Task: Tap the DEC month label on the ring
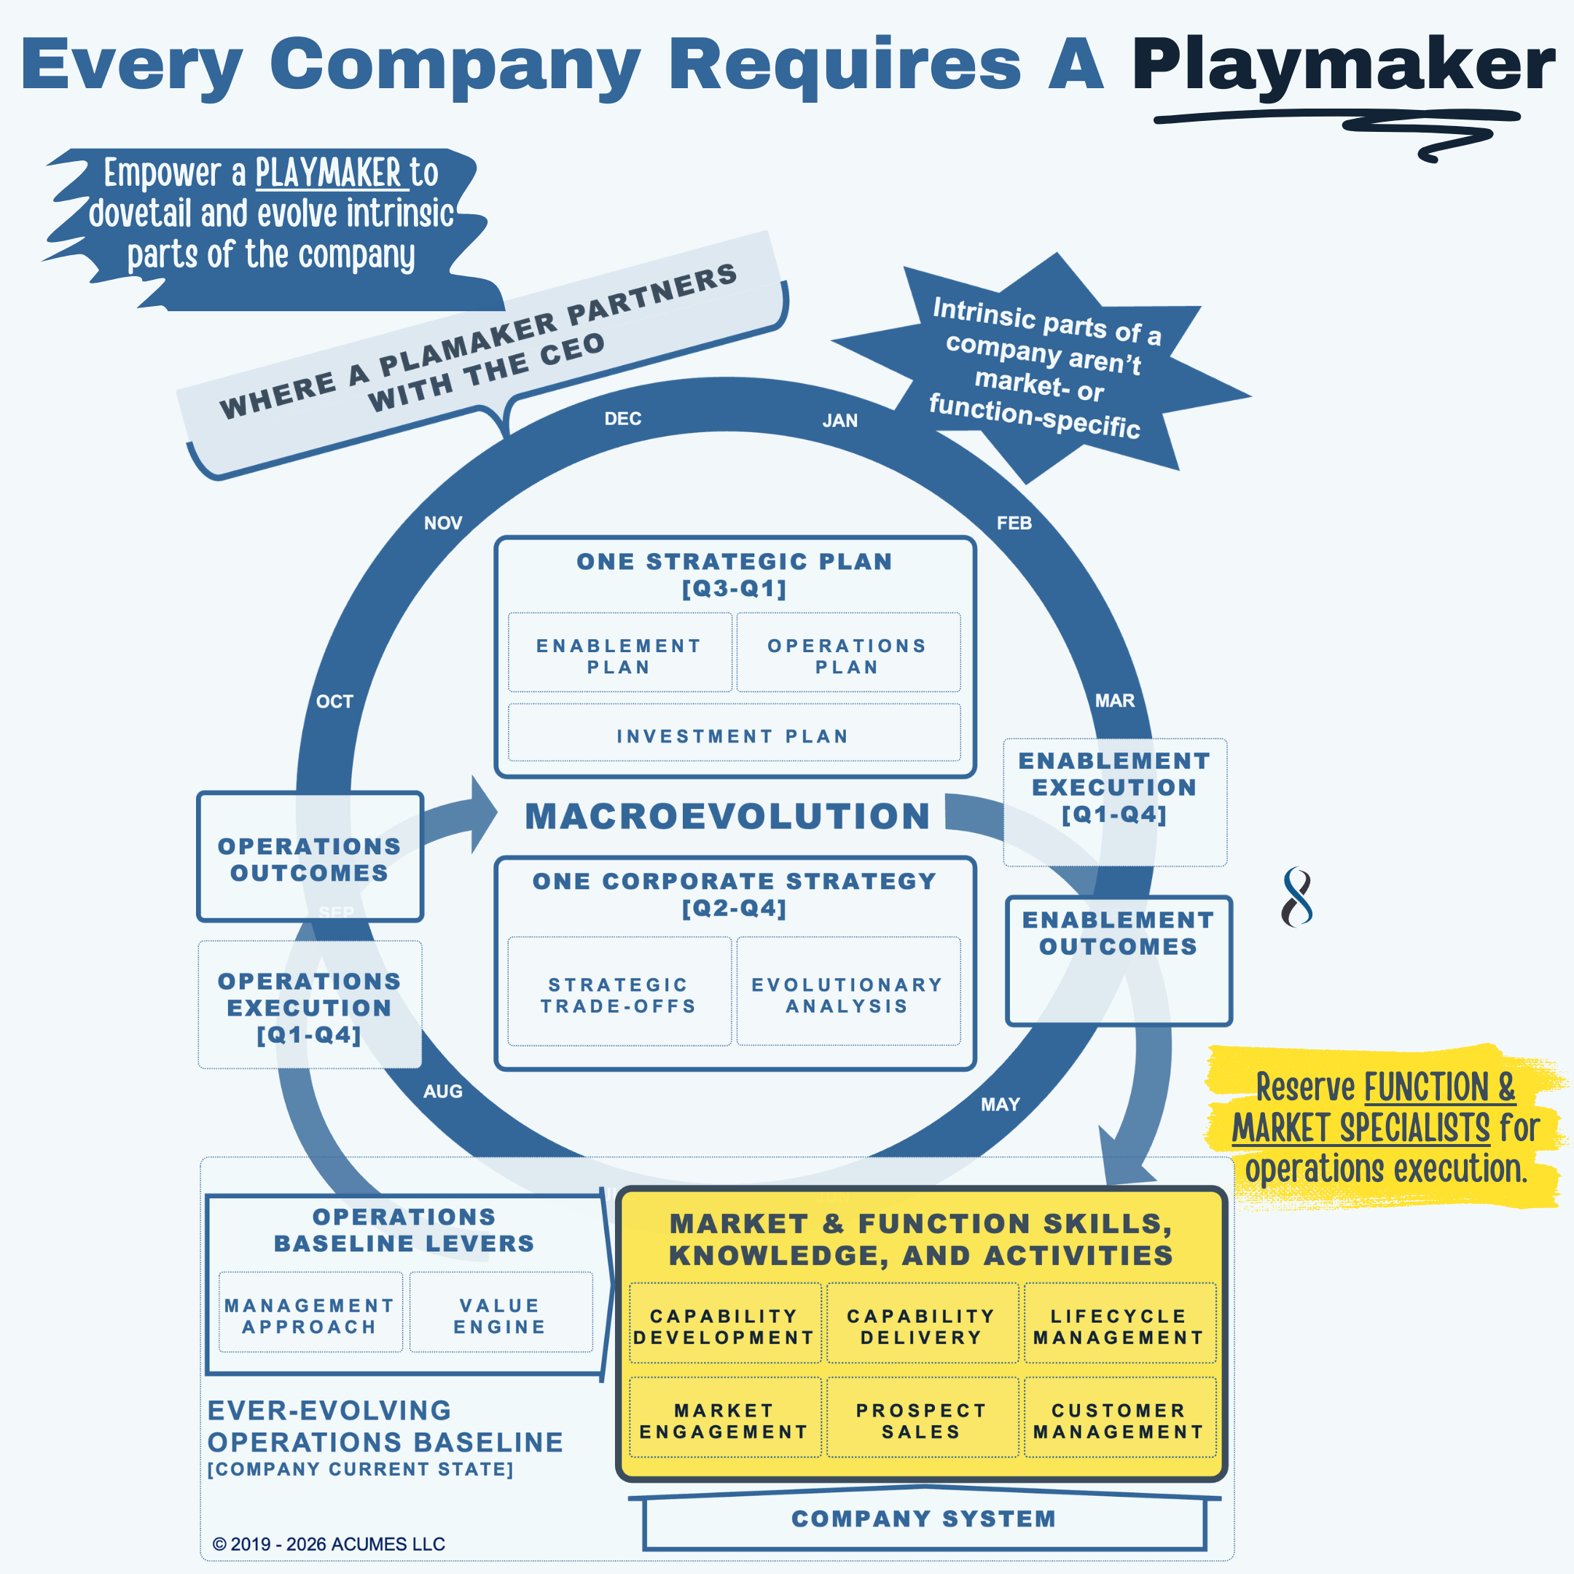(x=622, y=419)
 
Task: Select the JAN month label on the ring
(x=840, y=420)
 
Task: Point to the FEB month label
(x=1014, y=523)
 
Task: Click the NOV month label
(x=443, y=523)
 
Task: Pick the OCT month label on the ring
(x=335, y=702)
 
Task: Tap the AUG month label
(x=442, y=1092)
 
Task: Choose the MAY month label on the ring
(x=1001, y=1105)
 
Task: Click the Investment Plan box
(x=733, y=736)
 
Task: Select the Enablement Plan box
(x=619, y=656)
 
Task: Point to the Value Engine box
(x=500, y=1316)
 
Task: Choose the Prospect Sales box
(x=921, y=1421)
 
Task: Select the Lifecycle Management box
(x=1119, y=1326)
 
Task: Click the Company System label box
(x=923, y=1519)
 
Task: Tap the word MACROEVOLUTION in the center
(x=727, y=816)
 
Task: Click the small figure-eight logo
(x=1297, y=896)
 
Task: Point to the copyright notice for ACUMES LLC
(x=329, y=1544)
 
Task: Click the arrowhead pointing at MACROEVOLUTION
(x=484, y=814)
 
